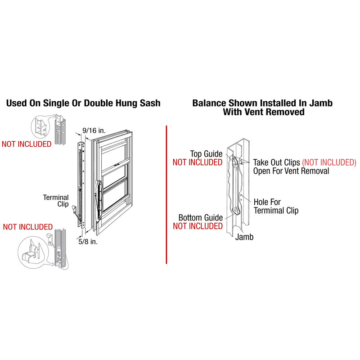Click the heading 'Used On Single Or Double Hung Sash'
83,103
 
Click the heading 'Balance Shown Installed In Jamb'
262,103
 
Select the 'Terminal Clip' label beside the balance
56,201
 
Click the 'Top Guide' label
206,153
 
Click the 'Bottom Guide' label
201,218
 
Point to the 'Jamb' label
244,237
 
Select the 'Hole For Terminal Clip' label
276,206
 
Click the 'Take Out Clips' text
277,162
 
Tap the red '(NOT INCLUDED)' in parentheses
329,162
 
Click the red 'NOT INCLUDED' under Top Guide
198,162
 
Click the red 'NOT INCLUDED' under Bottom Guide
198,226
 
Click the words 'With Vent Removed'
262,112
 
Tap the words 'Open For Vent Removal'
291,171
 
